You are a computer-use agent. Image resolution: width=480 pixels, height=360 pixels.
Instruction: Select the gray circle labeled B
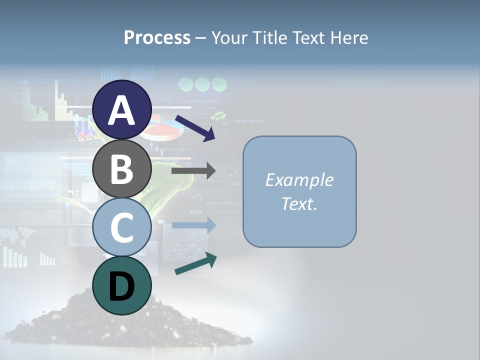(x=122, y=169)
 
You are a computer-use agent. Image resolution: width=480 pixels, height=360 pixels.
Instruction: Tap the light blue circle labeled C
(x=122, y=227)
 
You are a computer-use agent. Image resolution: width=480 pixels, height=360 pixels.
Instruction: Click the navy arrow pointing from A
(x=195, y=127)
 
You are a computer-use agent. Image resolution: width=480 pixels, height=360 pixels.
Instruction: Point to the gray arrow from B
(x=193, y=171)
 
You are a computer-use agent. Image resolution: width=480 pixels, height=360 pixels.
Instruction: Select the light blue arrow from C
(x=193, y=225)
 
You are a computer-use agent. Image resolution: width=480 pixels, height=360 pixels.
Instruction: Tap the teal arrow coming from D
(x=195, y=263)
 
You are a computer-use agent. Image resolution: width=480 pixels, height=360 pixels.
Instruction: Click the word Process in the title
(x=157, y=37)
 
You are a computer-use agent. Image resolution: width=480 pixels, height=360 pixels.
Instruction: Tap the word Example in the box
(x=299, y=180)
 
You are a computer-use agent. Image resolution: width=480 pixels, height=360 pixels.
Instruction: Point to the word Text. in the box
(x=299, y=203)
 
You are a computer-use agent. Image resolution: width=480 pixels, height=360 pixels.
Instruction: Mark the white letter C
(x=122, y=227)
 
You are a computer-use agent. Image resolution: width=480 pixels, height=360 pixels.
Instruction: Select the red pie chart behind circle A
(x=165, y=127)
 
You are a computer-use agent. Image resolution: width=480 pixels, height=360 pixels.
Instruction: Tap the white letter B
(x=122, y=169)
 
